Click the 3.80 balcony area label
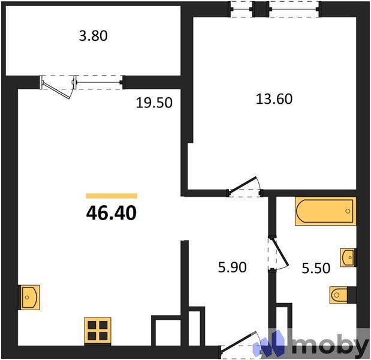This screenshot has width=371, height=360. (x=93, y=35)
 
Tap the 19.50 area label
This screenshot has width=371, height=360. (x=154, y=103)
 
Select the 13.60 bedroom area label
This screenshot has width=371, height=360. (x=274, y=99)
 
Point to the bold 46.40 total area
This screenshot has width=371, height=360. (x=111, y=212)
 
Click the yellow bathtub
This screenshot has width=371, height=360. (x=325, y=211)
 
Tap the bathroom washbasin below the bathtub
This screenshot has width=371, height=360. (x=348, y=257)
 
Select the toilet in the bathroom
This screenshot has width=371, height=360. (x=342, y=295)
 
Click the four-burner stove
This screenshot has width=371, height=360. (x=96, y=330)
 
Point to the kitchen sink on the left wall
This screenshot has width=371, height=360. (x=30, y=296)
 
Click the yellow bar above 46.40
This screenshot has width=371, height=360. (x=111, y=196)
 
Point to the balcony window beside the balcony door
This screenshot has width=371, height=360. (x=99, y=82)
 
